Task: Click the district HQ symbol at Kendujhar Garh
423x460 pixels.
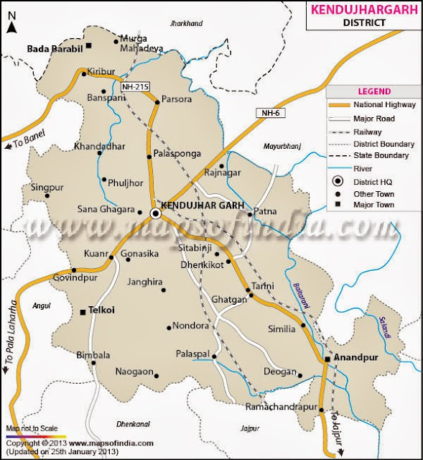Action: pos(155,213)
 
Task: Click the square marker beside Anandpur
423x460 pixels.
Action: pos(326,358)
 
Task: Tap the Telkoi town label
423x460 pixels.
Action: pos(102,310)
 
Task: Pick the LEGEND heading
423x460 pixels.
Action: pos(375,92)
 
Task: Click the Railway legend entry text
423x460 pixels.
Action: pos(367,132)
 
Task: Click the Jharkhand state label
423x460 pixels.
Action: pos(186,24)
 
